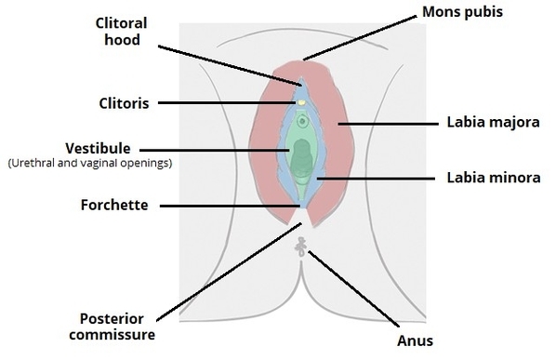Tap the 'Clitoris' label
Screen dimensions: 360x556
[x=123, y=102]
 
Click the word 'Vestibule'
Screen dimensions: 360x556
[x=97, y=148]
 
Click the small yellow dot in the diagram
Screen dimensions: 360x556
[x=300, y=102]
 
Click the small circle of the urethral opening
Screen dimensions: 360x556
[x=302, y=120]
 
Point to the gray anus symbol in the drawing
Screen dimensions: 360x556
[x=300, y=246]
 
